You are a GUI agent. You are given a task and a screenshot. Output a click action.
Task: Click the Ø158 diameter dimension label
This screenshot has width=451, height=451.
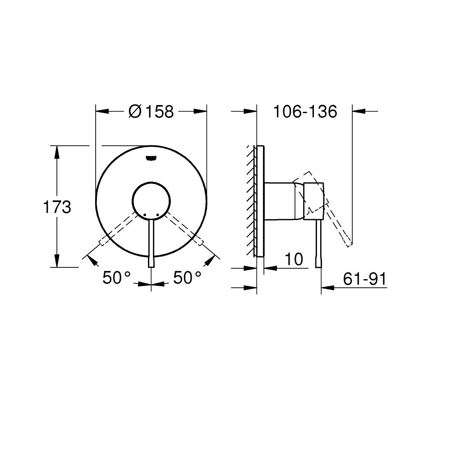click(x=151, y=111)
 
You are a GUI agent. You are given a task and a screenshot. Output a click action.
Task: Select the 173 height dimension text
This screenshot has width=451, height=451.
click(x=57, y=207)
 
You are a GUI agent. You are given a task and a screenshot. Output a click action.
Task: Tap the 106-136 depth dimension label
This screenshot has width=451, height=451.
click(x=305, y=111)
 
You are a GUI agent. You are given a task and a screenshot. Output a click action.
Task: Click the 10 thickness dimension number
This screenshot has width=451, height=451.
click(x=293, y=260)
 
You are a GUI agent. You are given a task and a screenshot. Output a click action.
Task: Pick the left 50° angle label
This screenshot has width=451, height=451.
click(x=116, y=278)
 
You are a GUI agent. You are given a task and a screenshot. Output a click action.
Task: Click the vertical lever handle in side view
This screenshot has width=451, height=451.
click(x=319, y=244)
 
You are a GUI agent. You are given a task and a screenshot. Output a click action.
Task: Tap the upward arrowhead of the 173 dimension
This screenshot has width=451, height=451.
click(x=57, y=152)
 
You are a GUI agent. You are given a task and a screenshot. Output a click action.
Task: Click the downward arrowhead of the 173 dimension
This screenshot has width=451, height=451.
click(x=57, y=261)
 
